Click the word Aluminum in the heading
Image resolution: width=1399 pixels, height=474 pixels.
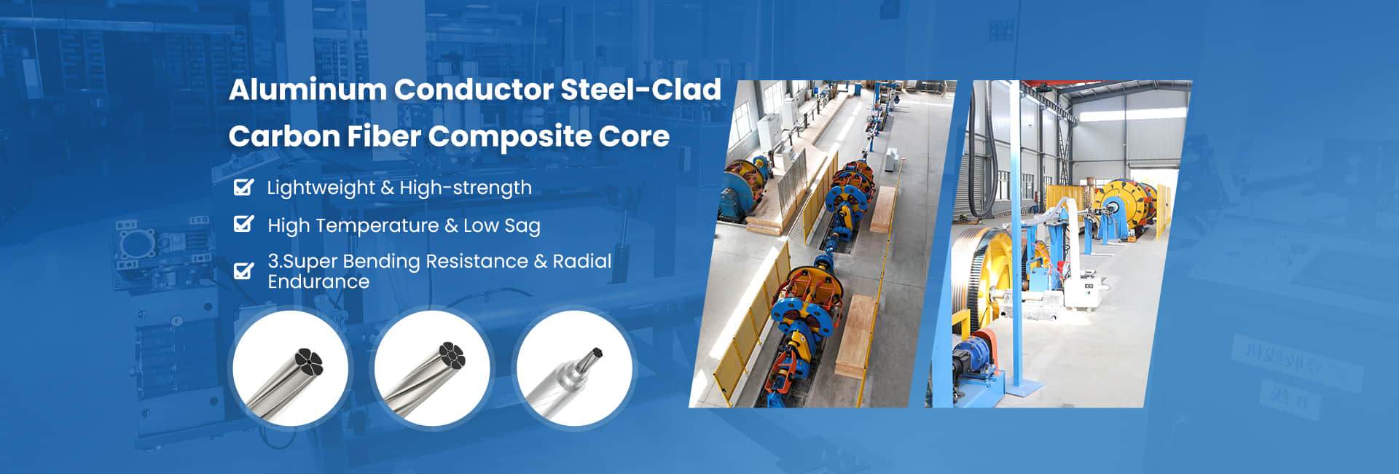307,90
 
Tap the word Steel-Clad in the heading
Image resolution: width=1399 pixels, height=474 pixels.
641,90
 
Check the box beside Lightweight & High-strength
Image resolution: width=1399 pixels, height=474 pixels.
243,187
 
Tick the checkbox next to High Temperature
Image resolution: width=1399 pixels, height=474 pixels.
243,224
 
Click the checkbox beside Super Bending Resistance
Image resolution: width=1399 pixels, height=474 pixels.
243,271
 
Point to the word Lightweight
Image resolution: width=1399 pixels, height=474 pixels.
321,188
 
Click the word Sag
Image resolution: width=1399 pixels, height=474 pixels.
522,226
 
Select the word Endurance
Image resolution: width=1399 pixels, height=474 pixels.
318,281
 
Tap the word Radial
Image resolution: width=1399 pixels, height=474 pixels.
582,261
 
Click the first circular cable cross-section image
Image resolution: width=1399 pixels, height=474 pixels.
290,368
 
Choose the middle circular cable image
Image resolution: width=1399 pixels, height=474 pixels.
432,368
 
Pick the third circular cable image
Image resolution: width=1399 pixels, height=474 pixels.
574,368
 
